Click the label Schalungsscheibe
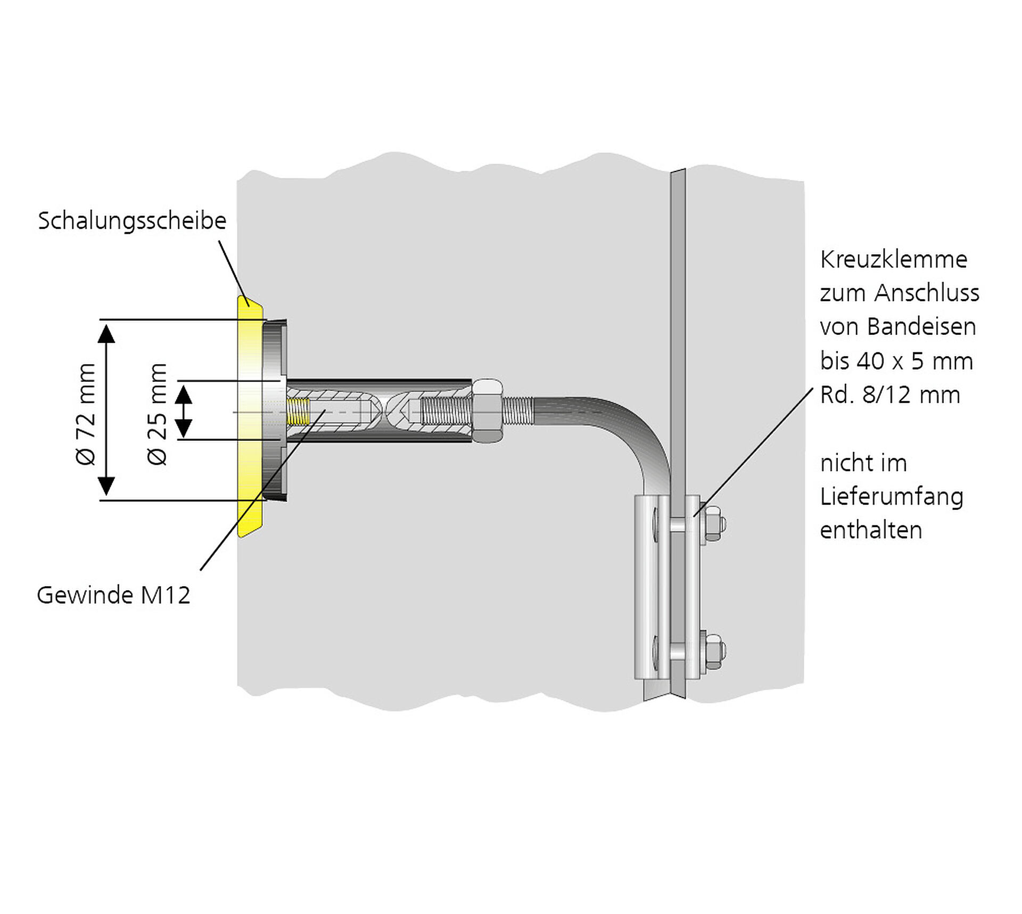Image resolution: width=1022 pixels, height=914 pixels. click(x=132, y=221)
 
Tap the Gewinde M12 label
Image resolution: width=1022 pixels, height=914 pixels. click(x=113, y=595)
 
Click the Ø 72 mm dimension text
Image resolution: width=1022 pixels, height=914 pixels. click(x=86, y=414)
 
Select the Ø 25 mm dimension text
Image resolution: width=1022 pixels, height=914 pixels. click(x=157, y=414)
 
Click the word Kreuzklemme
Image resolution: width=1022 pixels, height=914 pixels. click(x=893, y=260)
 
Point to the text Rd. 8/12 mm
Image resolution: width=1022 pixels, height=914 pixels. click(x=890, y=395)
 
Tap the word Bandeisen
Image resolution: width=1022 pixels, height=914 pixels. click(x=921, y=327)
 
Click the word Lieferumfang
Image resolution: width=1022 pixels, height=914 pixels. click(x=892, y=497)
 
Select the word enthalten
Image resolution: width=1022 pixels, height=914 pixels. click(x=871, y=531)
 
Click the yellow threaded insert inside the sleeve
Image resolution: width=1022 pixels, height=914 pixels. click(x=298, y=411)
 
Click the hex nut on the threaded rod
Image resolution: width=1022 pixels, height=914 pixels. click(x=487, y=410)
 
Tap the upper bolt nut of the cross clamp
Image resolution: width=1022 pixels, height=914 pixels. click(x=713, y=524)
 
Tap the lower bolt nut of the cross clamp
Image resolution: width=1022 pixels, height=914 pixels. click(x=713, y=652)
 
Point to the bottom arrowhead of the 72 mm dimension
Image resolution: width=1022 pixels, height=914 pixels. click(x=106, y=486)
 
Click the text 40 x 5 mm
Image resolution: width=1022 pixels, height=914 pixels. click(x=914, y=361)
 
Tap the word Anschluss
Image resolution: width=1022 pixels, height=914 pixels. click(x=927, y=293)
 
